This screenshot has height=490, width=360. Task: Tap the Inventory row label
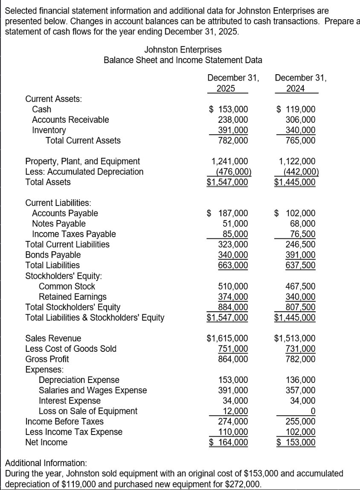(x=49, y=130)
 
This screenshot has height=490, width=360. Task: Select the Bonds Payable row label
(x=53, y=255)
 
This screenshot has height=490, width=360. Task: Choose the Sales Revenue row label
(x=53, y=339)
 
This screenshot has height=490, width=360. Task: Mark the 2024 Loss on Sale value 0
(x=313, y=411)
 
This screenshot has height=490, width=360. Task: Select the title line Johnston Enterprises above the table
(x=183, y=50)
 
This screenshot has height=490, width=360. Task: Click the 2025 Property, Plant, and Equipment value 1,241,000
(x=230, y=161)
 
